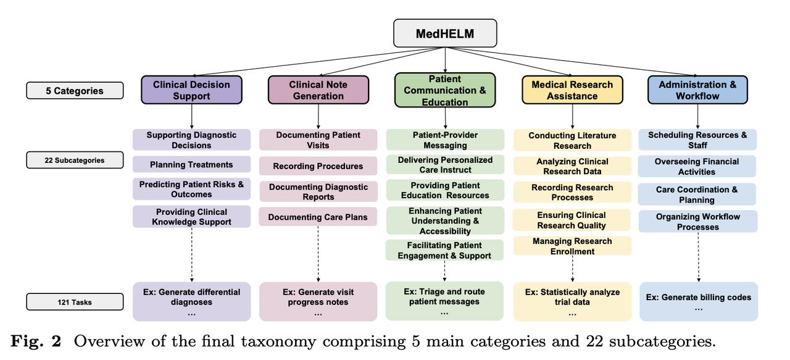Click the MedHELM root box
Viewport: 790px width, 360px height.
(445, 33)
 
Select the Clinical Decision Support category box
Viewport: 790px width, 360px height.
(191, 90)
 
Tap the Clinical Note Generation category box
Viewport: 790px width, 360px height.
(318, 90)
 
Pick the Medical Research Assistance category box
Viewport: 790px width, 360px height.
(572, 90)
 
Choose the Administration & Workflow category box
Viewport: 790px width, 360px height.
(697, 90)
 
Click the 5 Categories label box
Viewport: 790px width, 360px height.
(75, 91)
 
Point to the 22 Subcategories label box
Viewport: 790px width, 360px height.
(75, 160)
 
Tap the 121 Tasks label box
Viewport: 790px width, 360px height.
(75, 302)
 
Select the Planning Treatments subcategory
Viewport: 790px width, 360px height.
(191, 164)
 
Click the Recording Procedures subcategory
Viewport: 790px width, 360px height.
(318, 166)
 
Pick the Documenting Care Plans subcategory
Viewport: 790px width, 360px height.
(318, 217)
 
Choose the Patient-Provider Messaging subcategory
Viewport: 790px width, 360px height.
(445, 140)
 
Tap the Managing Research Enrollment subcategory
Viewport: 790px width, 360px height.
(572, 246)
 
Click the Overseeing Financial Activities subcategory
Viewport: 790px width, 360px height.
(697, 166)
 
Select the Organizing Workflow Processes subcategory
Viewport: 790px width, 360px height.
(698, 221)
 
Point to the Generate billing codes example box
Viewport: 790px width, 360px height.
(699, 301)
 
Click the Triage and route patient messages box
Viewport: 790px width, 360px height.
(444, 301)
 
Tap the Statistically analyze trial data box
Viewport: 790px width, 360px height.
(572, 301)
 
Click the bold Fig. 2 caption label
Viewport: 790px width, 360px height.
(36, 341)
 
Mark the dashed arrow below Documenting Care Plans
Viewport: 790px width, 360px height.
(318, 254)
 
